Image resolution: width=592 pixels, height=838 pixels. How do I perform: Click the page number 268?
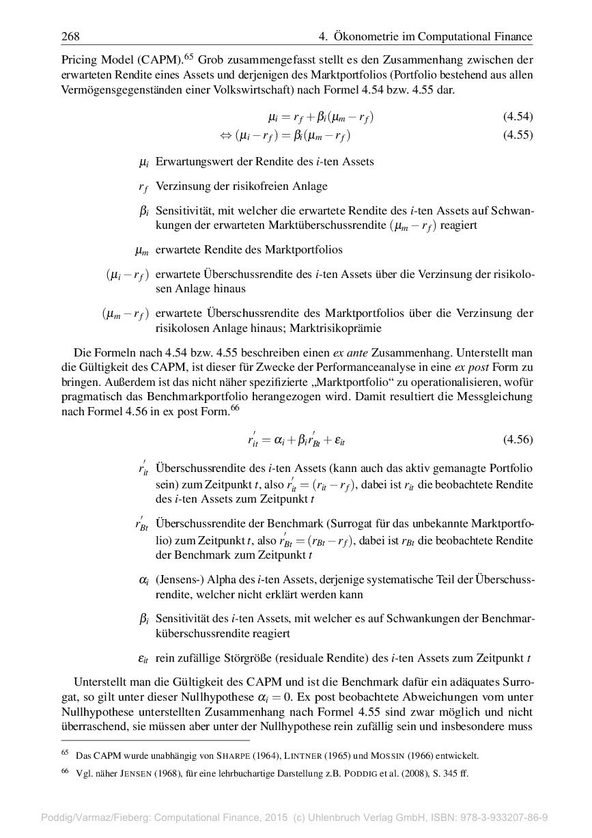click(70, 36)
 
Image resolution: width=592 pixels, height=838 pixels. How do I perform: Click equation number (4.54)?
click(518, 117)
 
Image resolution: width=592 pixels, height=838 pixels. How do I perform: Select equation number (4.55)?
click(518, 135)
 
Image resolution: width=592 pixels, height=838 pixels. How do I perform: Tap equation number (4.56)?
click(518, 440)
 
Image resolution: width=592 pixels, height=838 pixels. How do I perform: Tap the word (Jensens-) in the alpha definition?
click(177, 580)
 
